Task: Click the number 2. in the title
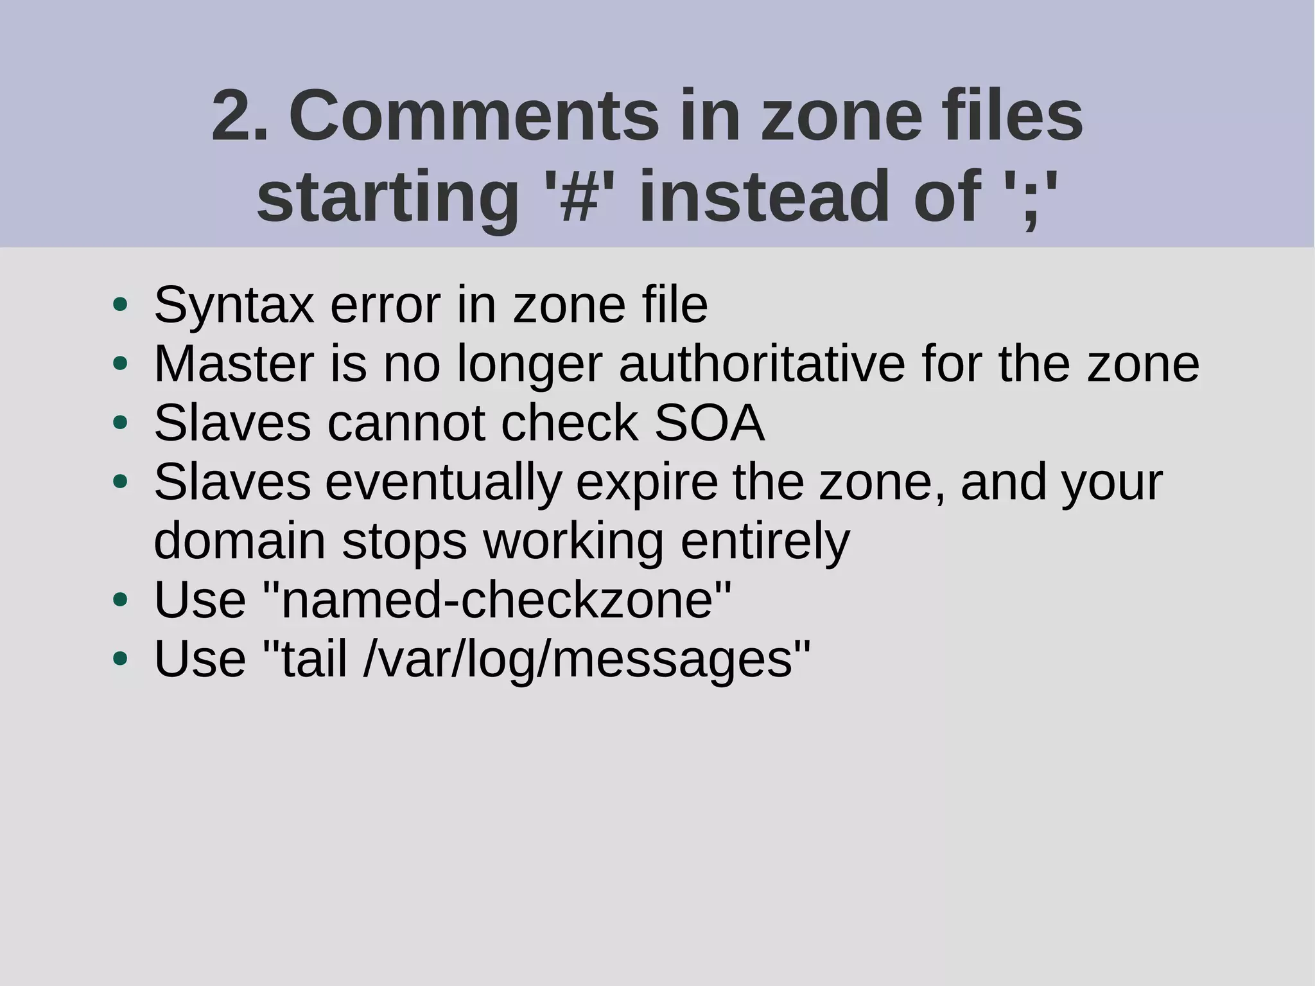click(x=239, y=117)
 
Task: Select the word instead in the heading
click(x=767, y=196)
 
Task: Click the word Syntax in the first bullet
click(x=234, y=306)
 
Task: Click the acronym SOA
click(x=709, y=423)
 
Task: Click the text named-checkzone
click(x=498, y=600)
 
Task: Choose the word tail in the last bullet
click(x=315, y=660)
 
